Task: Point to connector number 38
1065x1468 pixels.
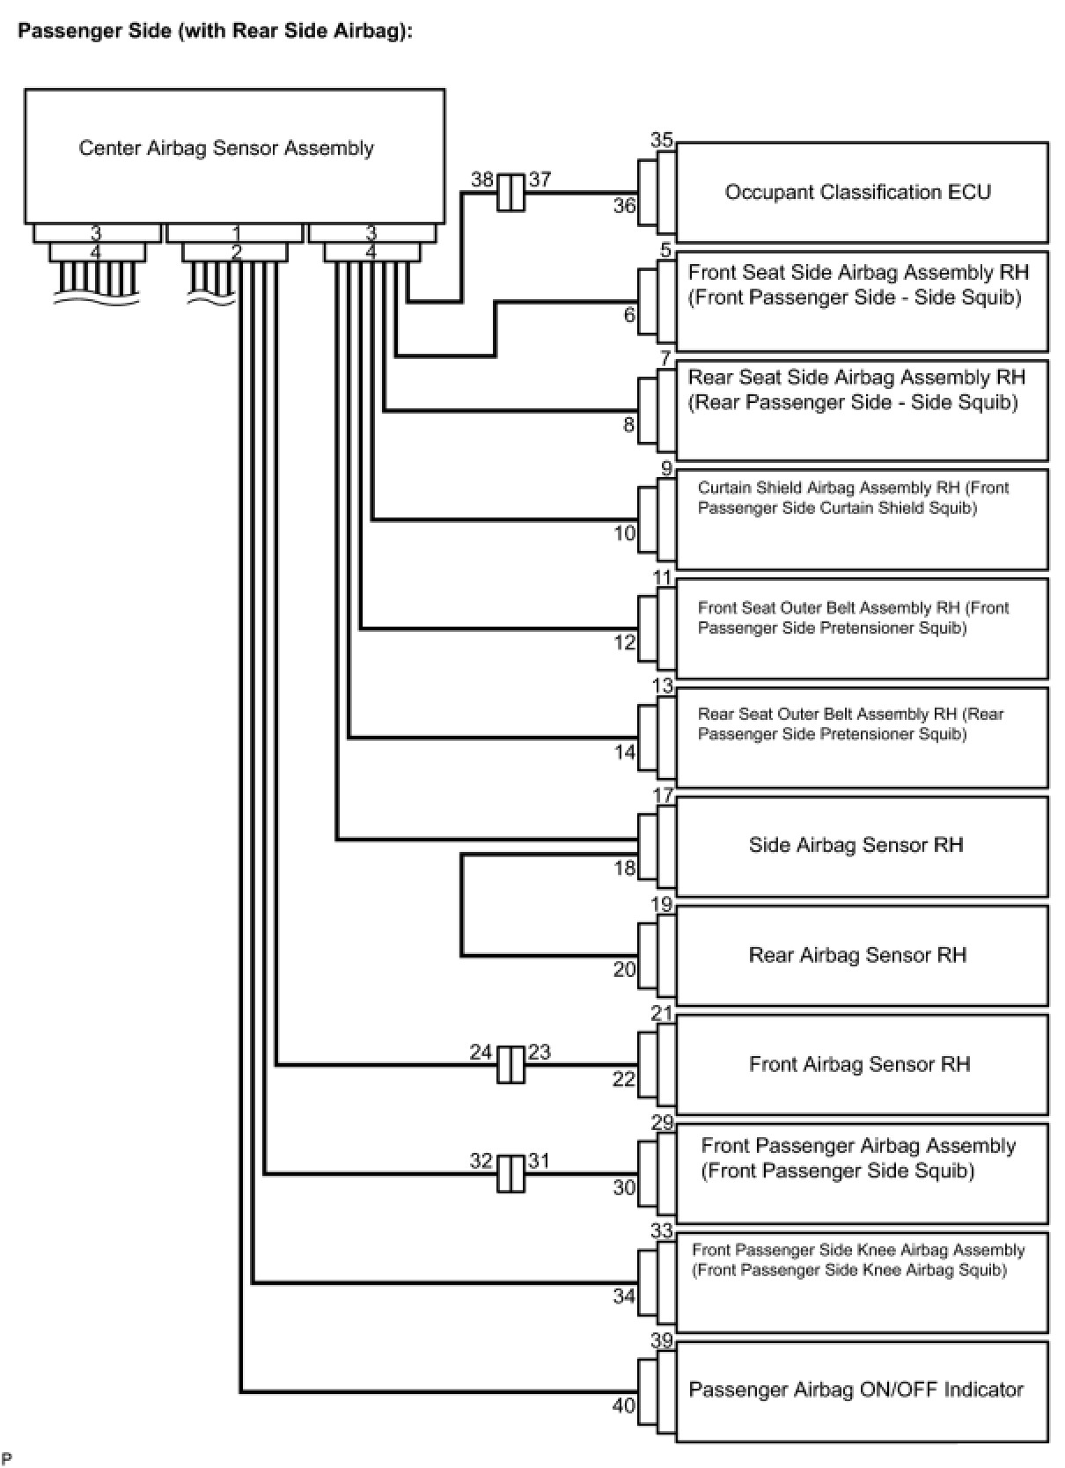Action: pyautogui.click(x=481, y=180)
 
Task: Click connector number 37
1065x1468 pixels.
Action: pyautogui.click(x=540, y=180)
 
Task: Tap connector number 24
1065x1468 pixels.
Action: pyautogui.click(x=481, y=1052)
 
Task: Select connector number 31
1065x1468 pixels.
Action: pyautogui.click(x=539, y=1161)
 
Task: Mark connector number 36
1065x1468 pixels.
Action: pyautogui.click(x=624, y=206)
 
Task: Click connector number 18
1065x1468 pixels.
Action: pyautogui.click(x=624, y=869)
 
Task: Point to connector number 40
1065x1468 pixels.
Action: pyautogui.click(x=624, y=1406)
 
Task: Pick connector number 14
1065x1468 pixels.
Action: pyautogui.click(x=624, y=752)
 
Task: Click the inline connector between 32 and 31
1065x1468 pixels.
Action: pyautogui.click(x=510, y=1173)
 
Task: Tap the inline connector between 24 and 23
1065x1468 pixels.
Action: pyautogui.click(x=510, y=1064)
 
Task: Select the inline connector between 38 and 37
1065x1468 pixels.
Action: pyautogui.click(x=510, y=192)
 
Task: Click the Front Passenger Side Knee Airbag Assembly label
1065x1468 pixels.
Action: pyautogui.click(x=858, y=1250)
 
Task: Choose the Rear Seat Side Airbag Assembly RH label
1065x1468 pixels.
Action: pyautogui.click(x=856, y=378)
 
